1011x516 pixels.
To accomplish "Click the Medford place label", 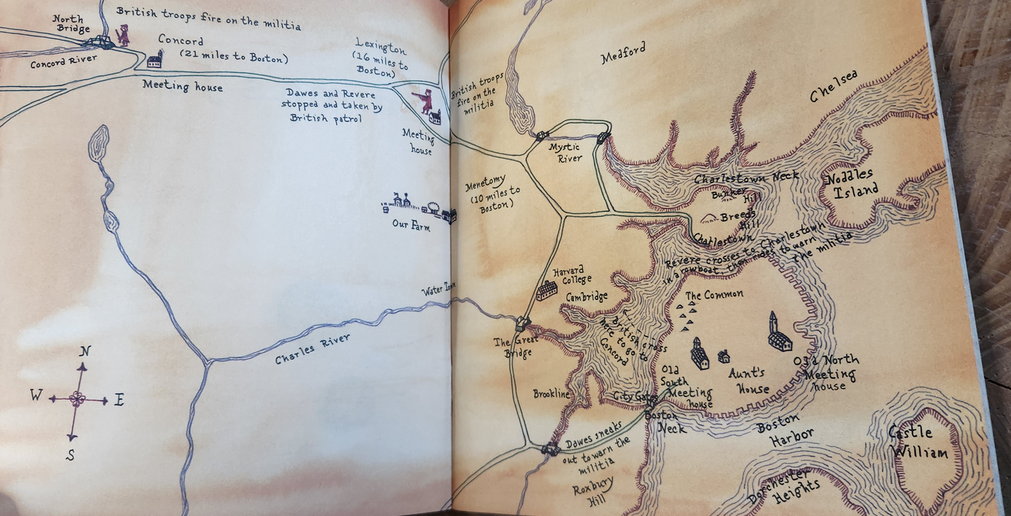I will click(x=623, y=53).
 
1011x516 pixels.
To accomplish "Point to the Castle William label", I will click(x=919, y=443).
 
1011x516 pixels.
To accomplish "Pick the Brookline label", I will click(x=552, y=394).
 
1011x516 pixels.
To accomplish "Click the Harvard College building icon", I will click(x=546, y=290).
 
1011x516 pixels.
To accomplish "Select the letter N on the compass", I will click(x=85, y=351).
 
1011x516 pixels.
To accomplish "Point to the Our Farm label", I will click(x=411, y=225).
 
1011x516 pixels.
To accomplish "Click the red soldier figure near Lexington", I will click(x=424, y=101).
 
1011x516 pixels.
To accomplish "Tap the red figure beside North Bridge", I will click(x=122, y=34).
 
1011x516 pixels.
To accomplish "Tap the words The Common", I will click(x=714, y=295).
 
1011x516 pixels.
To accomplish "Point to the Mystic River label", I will click(x=565, y=153).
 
